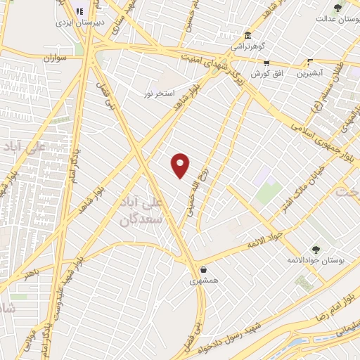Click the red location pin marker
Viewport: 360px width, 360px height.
[181, 165]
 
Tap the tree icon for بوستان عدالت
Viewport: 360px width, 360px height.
[338, 8]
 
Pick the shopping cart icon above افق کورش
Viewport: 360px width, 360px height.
[266, 62]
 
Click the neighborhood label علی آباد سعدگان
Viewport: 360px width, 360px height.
[162, 210]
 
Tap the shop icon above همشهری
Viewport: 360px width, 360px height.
[202, 269]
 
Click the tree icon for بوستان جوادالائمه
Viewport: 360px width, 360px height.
[316, 249]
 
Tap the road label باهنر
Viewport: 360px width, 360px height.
[33, 273]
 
